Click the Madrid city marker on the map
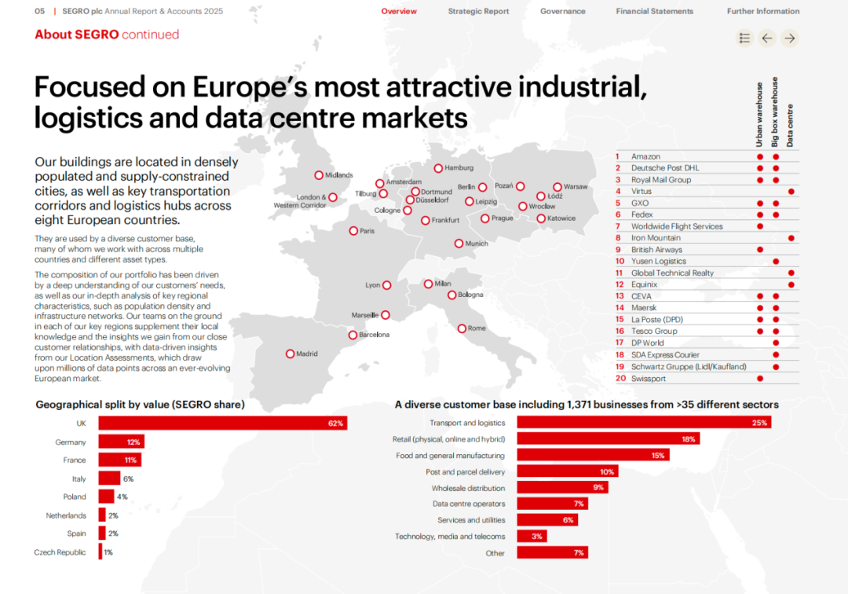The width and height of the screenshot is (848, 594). point(291,354)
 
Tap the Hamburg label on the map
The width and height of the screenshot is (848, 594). point(459,167)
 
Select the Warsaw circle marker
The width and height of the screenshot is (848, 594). point(557,187)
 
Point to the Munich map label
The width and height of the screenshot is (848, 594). point(477,244)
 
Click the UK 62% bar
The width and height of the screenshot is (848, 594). point(223,423)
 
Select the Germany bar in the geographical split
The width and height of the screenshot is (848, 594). point(121,442)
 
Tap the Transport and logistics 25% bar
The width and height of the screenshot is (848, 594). point(644,423)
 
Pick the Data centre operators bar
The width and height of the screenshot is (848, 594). point(552,504)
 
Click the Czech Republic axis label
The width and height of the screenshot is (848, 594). point(60,552)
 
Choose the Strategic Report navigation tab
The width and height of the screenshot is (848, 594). point(479,11)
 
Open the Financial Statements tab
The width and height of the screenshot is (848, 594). point(654,11)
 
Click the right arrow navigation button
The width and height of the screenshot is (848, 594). point(790,38)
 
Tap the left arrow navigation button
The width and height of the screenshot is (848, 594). point(767,38)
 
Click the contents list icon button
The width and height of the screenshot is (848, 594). point(744,38)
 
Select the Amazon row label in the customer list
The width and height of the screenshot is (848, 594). point(645,156)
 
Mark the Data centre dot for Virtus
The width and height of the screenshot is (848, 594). point(791,192)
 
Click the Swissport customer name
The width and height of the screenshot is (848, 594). point(649,379)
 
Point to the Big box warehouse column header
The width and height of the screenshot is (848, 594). point(775,112)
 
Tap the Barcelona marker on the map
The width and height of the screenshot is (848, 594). point(353,335)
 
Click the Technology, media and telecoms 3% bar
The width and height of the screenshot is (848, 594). point(532,536)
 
